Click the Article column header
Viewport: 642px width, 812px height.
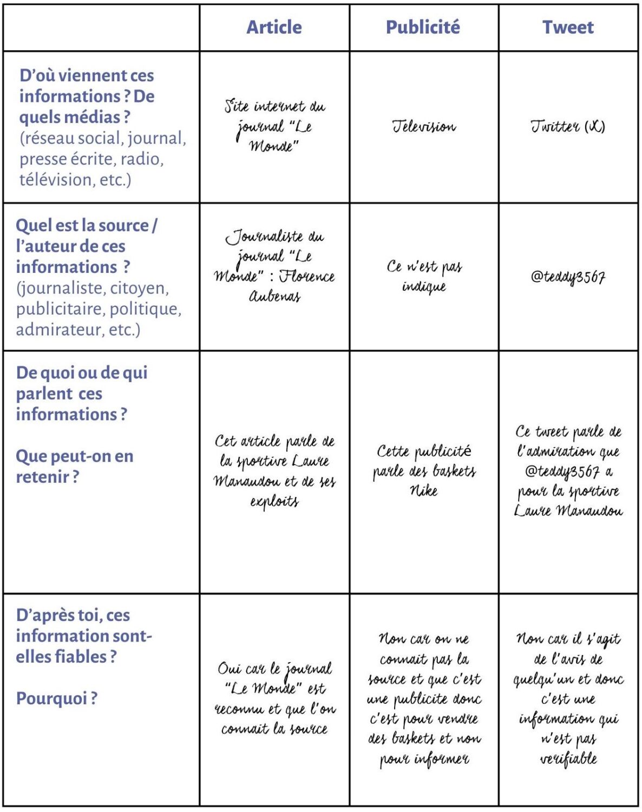pyautogui.click(x=274, y=27)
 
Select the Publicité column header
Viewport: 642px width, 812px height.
pyautogui.click(x=423, y=27)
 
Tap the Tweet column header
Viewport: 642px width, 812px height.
pyautogui.click(x=568, y=27)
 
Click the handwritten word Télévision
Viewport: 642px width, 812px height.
pyautogui.click(x=424, y=127)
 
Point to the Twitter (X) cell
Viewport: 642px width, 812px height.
pyautogui.click(x=568, y=127)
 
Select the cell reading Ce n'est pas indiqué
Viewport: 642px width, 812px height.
pyautogui.click(x=424, y=276)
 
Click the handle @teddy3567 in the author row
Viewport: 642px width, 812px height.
pyautogui.click(x=568, y=277)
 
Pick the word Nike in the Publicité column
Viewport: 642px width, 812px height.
pyautogui.click(x=423, y=491)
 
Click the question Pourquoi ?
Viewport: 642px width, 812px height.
pyautogui.click(x=56, y=698)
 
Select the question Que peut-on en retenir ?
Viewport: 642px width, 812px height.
pyautogui.click(x=74, y=466)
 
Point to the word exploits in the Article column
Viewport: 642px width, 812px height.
pyautogui.click(x=274, y=502)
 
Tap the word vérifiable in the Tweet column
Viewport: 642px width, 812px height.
pyautogui.click(x=568, y=758)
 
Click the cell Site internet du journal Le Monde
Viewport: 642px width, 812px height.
pyautogui.click(x=274, y=126)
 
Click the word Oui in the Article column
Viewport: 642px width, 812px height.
pyautogui.click(x=230, y=669)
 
